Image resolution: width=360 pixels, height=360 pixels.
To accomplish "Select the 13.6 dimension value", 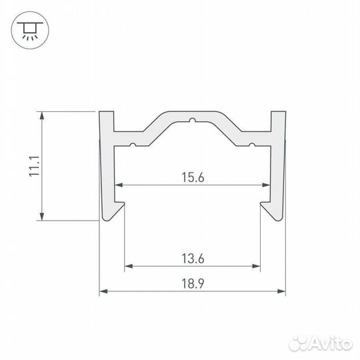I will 193,257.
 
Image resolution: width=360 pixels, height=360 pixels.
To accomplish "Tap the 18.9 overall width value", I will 193,283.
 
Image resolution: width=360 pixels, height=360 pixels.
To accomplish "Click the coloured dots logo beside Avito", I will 298,343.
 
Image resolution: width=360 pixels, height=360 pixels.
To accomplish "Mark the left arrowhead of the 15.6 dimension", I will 119,185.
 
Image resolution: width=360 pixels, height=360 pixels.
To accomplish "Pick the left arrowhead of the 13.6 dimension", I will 128,266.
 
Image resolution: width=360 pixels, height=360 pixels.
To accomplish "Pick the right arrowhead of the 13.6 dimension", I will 257,266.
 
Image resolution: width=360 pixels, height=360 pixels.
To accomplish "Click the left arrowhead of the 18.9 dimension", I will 103,291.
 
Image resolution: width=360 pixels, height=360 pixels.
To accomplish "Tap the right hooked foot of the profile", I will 272,212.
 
